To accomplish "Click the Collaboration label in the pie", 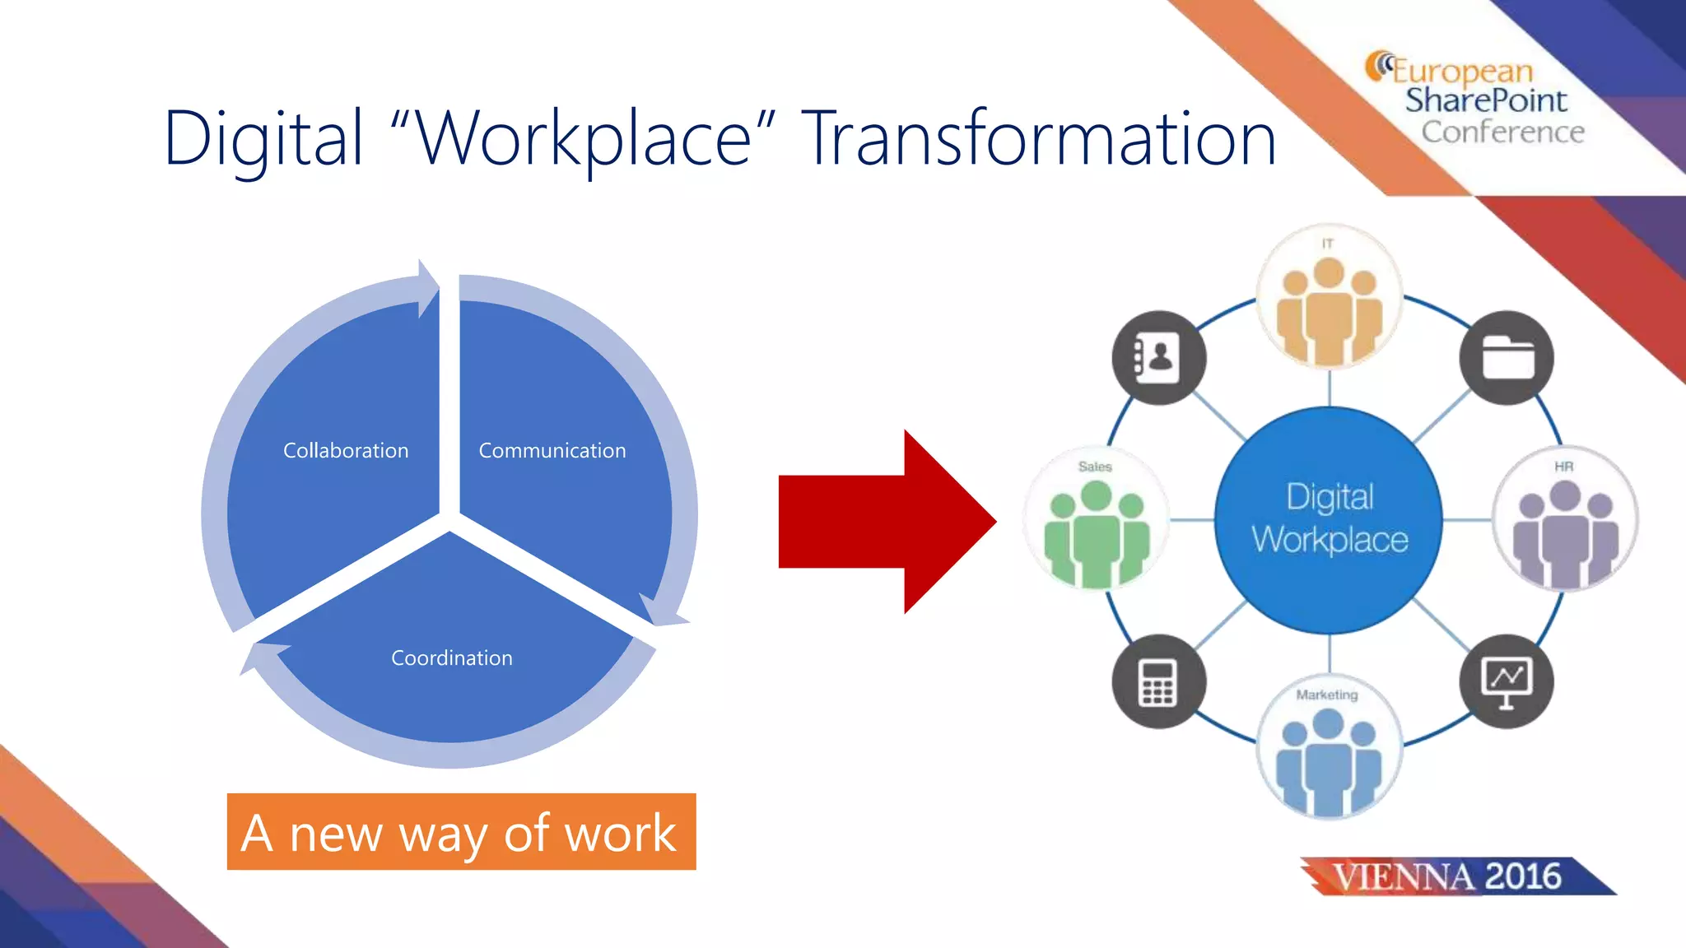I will [x=346, y=451].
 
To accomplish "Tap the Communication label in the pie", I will [x=552, y=451].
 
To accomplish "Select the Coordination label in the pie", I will [x=451, y=658].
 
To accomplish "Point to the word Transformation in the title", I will [x=1039, y=138].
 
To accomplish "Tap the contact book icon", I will [x=1158, y=357].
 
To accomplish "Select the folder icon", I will [x=1507, y=357].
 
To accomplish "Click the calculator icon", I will [x=1158, y=682].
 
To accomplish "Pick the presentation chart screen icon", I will [x=1507, y=682].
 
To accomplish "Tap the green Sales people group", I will [x=1096, y=533].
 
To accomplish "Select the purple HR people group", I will [x=1564, y=533].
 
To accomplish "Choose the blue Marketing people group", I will [x=1329, y=760].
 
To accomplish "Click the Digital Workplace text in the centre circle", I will [x=1330, y=518].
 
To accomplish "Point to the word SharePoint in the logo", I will [x=1486, y=100].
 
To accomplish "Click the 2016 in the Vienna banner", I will [x=1524, y=876].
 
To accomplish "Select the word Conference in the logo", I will [x=1502, y=132].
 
